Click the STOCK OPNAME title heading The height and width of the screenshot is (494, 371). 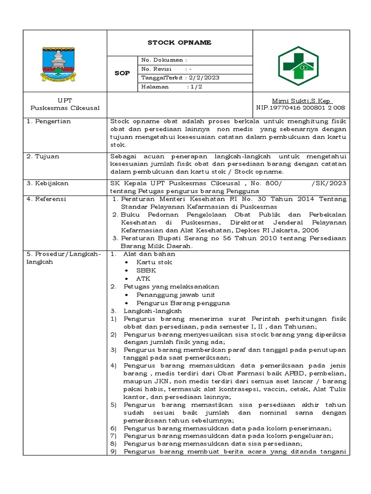(179, 43)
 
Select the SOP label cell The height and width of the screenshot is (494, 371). (122, 73)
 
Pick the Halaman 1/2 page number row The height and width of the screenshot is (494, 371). (169, 87)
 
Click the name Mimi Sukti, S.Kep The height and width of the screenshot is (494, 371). (301, 100)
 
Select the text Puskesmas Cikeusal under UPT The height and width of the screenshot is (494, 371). (65, 108)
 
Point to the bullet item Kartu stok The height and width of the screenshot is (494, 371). (154, 262)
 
